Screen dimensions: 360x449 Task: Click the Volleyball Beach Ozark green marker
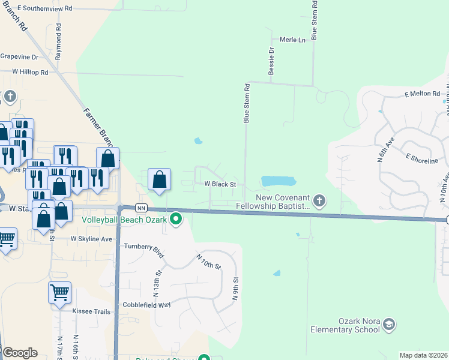coord(176,219)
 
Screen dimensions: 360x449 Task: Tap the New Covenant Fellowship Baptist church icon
coord(320,200)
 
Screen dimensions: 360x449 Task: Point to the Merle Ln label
coord(293,40)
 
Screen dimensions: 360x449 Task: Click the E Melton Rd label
coord(422,94)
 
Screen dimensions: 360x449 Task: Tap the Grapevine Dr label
coord(19,57)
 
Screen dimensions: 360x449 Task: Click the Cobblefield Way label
coord(148,305)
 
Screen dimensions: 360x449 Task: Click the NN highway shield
coord(141,208)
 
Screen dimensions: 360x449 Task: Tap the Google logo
coord(20,353)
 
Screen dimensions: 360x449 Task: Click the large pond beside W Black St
coord(279,181)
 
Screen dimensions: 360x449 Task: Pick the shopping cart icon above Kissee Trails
coord(59,293)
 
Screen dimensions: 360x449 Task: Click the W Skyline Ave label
coord(92,239)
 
